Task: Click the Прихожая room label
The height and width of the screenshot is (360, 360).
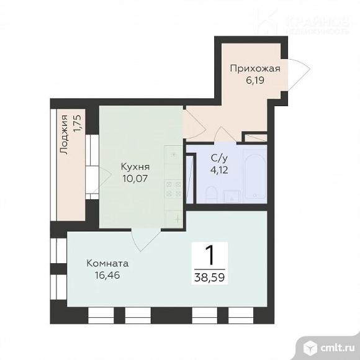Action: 254,68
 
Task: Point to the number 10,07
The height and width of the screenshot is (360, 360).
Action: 135,179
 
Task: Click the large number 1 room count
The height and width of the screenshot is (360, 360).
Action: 210,254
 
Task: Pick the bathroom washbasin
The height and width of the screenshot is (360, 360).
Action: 231,197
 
